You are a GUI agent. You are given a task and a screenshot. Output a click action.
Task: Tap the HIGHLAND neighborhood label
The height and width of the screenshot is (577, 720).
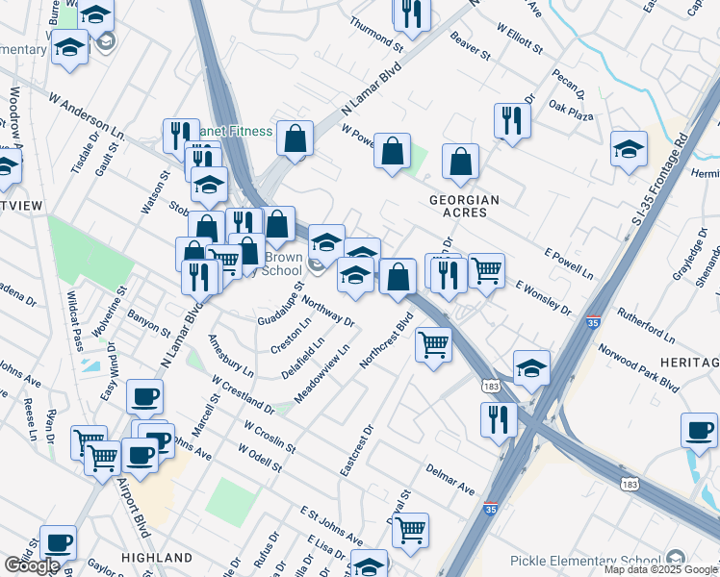[157, 558]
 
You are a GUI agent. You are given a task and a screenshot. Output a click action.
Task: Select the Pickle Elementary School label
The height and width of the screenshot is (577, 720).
[597, 560]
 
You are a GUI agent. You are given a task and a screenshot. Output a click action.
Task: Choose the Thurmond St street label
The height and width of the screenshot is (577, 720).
[376, 35]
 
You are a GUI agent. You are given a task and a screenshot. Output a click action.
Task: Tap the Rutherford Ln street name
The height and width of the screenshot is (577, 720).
[647, 325]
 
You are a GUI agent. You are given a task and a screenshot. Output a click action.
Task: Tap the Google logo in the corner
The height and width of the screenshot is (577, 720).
[32, 565]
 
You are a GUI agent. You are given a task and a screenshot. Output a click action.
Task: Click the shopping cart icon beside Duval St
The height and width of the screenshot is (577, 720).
[411, 528]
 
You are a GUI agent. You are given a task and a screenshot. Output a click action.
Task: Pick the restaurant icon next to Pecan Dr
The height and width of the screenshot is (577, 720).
[511, 119]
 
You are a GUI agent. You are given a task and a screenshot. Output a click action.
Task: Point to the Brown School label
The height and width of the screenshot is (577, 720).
[282, 264]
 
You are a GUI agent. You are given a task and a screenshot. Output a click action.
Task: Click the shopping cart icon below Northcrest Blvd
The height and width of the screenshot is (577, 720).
[434, 343]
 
